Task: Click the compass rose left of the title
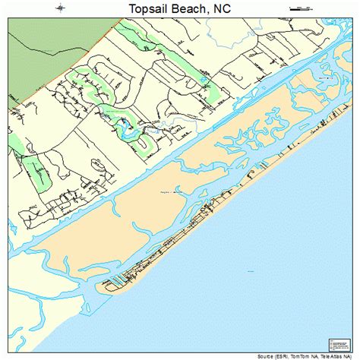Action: pyautogui.click(x=59, y=8)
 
